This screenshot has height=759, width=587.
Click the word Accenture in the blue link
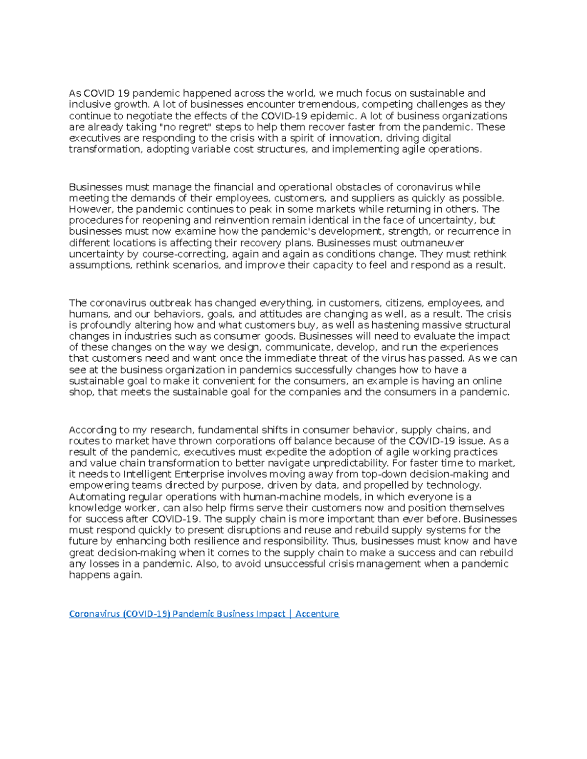point(317,613)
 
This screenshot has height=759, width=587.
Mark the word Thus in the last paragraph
point(343,541)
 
